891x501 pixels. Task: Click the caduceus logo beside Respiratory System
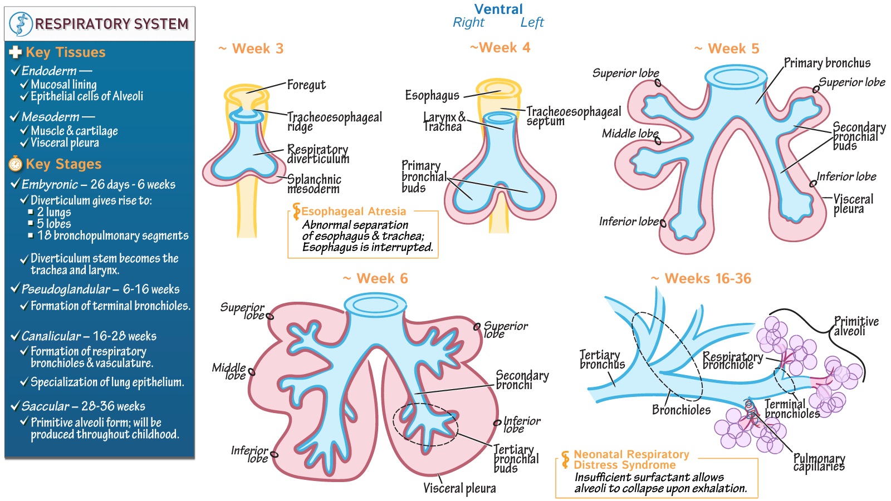pyautogui.click(x=21, y=24)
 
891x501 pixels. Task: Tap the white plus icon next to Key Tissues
pyautogui.click(x=16, y=52)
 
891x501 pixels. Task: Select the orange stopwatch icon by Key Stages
pyautogui.click(x=16, y=164)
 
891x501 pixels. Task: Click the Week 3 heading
pyautogui.click(x=252, y=49)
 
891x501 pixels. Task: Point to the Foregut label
pyautogui.click(x=306, y=85)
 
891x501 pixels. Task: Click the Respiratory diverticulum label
pyautogui.click(x=318, y=154)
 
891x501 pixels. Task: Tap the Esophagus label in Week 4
pyautogui.click(x=432, y=96)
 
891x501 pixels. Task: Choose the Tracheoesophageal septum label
pyautogui.click(x=574, y=116)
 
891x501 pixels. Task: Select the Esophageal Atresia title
pyautogui.click(x=354, y=212)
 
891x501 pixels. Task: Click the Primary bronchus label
pyautogui.click(x=827, y=63)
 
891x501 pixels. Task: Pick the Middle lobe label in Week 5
pyautogui.click(x=630, y=134)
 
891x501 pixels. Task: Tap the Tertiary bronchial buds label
pyautogui.click(x=516, y=459)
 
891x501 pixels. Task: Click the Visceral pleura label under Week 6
pyautogui.click(x=459, y=489)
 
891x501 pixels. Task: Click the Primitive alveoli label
pyautogui.click(x=856, y=326)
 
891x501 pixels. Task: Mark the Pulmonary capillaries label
pyautogui.click(x=819, y=463)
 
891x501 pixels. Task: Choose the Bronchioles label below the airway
pyautogui.click(x=681, y=410)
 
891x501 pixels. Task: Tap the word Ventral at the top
pyautogui.click(x=498, y=9)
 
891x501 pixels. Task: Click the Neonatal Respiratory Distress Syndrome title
pyautogui.click(x=631, y=460)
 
